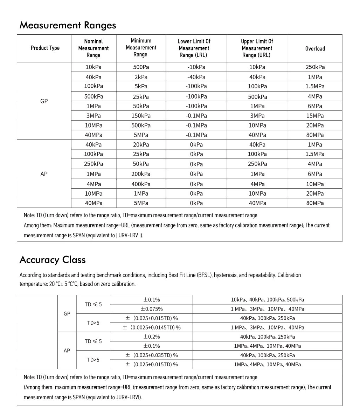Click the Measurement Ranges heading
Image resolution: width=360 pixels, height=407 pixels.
point(68,25)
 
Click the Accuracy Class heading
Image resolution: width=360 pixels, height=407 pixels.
point(53,260)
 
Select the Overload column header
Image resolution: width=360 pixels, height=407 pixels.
point(315,49)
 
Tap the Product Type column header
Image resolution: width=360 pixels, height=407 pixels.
point(45,48)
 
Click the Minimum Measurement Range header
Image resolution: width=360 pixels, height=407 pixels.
point(141,48)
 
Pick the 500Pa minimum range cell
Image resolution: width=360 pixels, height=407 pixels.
point(141,67)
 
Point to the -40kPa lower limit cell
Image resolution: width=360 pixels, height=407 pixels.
point(196,77)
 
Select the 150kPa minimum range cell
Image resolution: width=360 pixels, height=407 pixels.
point(141,116)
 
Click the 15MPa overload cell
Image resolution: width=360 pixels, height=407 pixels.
point(315,116)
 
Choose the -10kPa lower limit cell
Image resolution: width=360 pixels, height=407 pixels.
point(196,67)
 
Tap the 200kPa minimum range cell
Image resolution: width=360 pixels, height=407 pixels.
point(141,174)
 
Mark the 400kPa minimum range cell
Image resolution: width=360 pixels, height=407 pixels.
point(141,184)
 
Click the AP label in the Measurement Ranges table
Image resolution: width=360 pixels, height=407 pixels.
point(44,174)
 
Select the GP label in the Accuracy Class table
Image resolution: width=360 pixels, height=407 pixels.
point(67,314)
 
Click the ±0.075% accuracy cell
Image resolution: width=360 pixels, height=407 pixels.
point(151,309)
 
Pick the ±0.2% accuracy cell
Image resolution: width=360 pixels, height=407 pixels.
point(151,337)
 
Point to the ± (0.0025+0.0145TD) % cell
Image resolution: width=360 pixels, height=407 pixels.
point(151,327)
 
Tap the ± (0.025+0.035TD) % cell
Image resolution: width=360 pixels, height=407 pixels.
point(151,355)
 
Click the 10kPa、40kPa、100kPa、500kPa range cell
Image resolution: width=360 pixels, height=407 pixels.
point(267,300)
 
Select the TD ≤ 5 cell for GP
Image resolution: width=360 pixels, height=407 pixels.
point(93,304)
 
